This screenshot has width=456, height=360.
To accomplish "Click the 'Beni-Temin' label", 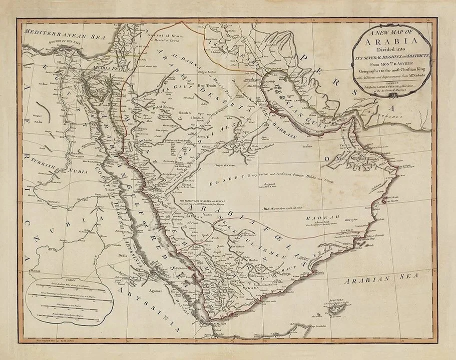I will [208, 86].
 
